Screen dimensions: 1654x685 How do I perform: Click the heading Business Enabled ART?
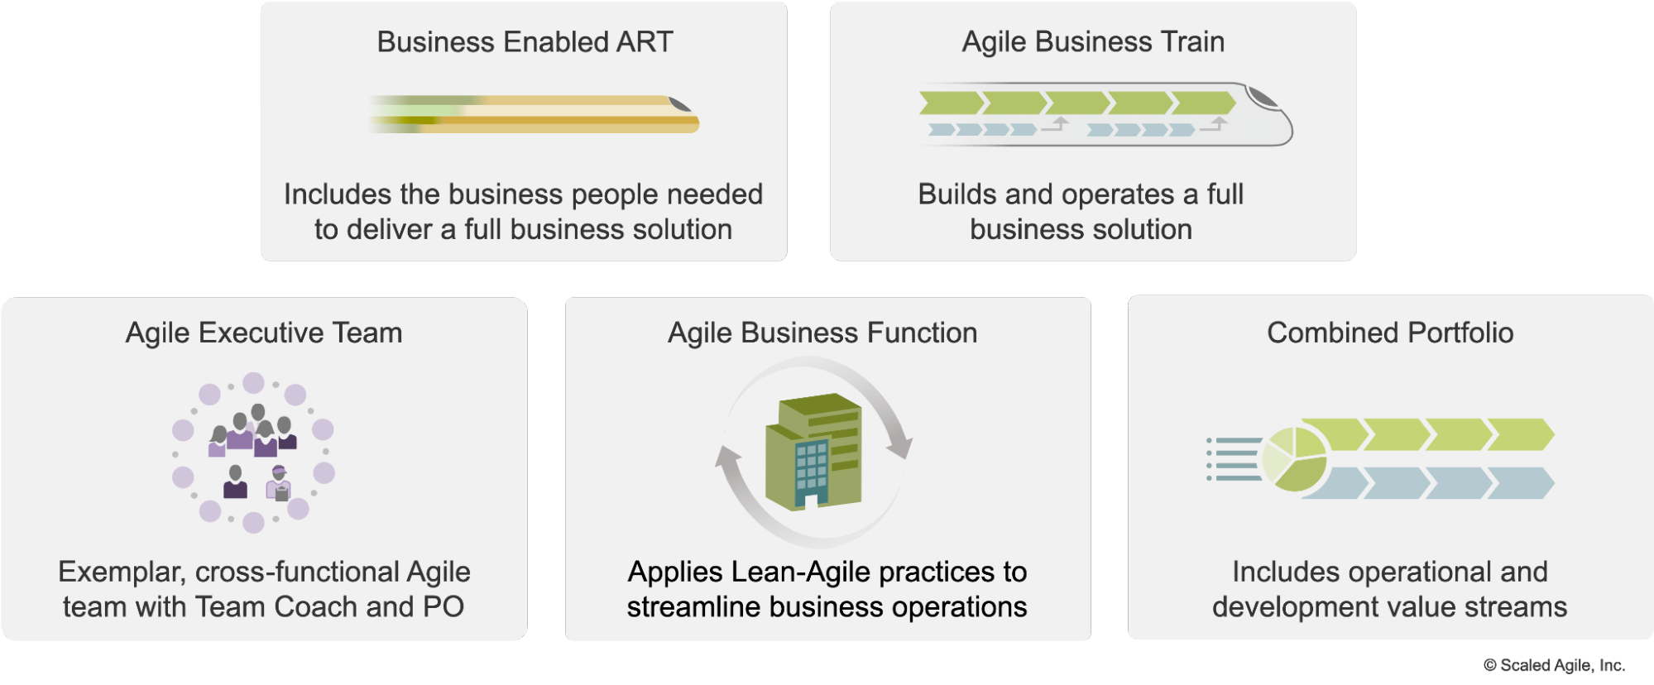tap(525, 41)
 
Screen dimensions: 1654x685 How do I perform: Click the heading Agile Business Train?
tap(1093, 41)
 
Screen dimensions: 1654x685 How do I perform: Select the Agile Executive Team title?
tap(264, 333)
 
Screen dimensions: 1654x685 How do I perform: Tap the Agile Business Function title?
tap(822, 333)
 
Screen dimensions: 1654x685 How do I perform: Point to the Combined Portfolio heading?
tap(1390, 333)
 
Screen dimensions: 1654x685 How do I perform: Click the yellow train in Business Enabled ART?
tap(535, 114)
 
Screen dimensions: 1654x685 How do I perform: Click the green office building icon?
tap(813, 451)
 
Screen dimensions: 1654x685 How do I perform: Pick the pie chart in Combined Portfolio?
tap(1295, 458)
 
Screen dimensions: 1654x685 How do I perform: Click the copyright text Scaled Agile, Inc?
tap(1554, 665)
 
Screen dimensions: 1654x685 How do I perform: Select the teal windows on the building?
tap(812, 466)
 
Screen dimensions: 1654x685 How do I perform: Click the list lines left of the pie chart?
tap(1234, 459)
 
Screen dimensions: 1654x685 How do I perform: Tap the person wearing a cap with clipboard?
tap(279, 483)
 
